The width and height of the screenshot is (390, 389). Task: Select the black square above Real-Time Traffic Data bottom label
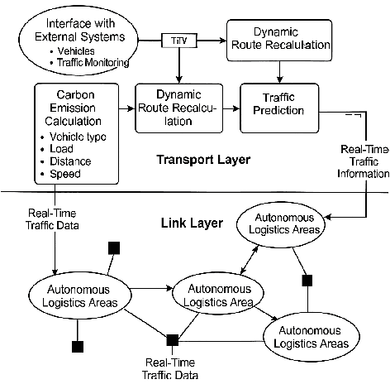(x=173, y=339)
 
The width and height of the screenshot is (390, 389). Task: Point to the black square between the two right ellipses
(x=306, y=281)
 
